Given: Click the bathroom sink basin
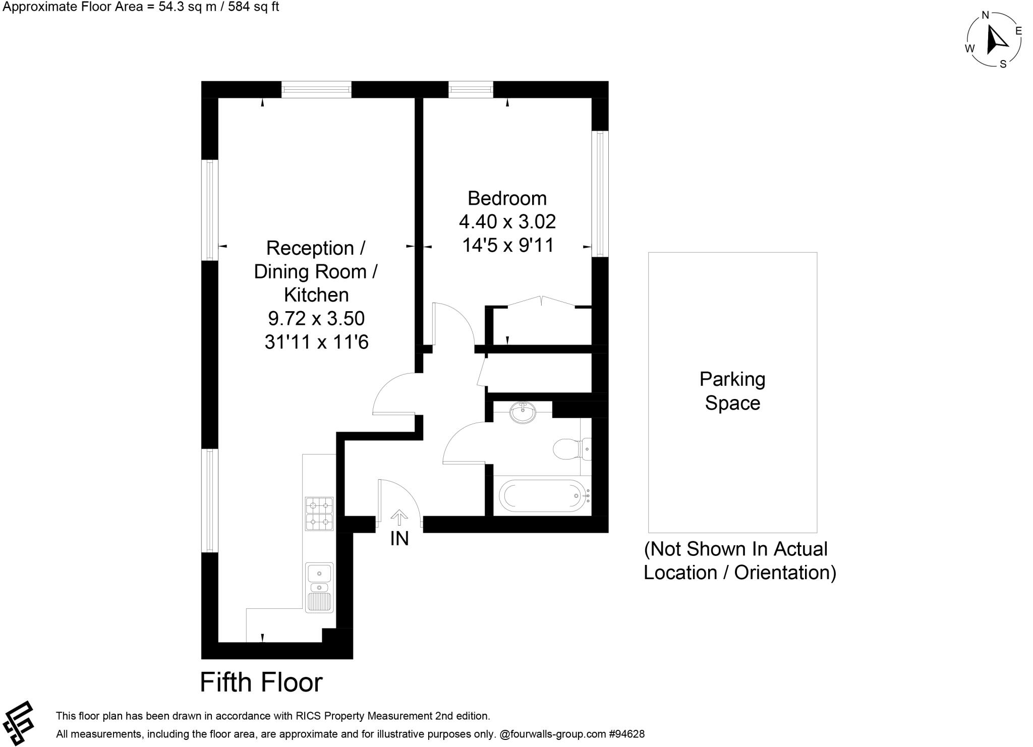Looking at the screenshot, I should (x=523, y=413).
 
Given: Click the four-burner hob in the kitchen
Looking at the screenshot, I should (x=319, y=513).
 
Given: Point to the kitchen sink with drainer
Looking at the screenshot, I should (x=319, y=587).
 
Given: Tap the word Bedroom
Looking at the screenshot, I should (x=507, y=198).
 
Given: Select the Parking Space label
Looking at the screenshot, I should (x=732, y=391).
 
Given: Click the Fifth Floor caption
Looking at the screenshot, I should (x=261, y=682).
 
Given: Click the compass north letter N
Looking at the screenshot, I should (x=985, y=15).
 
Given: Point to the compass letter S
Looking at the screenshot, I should (x=1003, y=64).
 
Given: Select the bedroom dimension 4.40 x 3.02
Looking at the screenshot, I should (x=507, y=221).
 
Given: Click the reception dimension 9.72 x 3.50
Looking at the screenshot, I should (x=316, y=318).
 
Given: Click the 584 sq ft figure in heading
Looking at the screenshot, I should (x=252, y=7).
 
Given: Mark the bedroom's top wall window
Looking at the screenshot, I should (x=471, y=90).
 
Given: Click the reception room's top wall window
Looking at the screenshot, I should (x=316, y=90).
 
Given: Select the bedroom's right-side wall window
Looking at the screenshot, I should (x=600, y=194).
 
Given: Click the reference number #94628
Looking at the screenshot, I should (x=626, y=734).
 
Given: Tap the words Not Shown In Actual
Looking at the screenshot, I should (x=736, y=549).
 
